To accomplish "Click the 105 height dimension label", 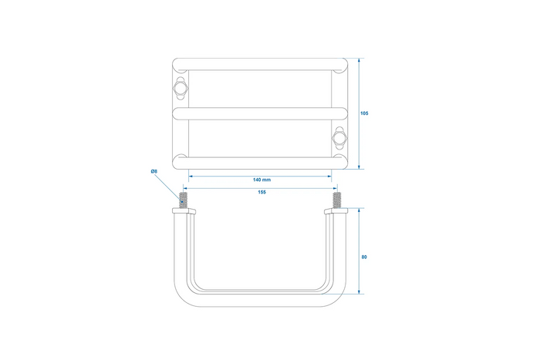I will coord(364,113).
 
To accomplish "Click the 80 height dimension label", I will coord(364,257).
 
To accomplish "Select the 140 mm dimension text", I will coord(261,179).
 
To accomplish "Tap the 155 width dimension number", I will coord(262,192).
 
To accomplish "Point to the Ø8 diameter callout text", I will coord(154,170).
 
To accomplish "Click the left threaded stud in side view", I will coord(184,200).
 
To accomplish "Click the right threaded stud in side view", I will coord(336,200).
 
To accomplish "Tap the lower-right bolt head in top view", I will coord(339,138).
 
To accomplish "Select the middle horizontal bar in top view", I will coord(261,113).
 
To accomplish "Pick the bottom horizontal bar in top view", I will coord(261,161).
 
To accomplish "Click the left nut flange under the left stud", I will coord(184,211).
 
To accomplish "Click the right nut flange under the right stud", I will coord(336,211).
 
